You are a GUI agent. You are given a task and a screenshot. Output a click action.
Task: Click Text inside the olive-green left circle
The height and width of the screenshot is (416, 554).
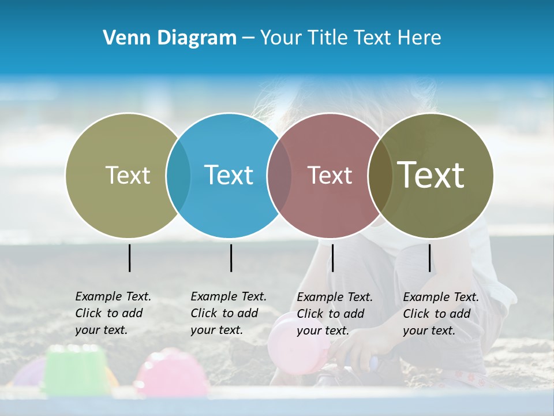pos(128,175)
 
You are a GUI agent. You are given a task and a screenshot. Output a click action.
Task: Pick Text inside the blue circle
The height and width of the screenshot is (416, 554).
pos(229,175)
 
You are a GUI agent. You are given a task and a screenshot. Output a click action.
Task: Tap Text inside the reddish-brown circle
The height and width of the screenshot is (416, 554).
pos(330,175)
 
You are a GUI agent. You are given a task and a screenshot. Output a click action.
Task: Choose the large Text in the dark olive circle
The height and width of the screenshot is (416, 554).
pos(431,175)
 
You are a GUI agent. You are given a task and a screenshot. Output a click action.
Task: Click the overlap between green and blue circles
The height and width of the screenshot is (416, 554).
pos(178,175)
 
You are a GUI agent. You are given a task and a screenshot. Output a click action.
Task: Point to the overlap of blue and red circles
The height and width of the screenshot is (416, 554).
pos(279,175)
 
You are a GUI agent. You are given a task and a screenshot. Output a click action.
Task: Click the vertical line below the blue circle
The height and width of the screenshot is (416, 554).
pos(231,258)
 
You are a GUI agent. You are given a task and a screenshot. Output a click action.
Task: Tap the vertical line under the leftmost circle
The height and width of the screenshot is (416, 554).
pos(130,258)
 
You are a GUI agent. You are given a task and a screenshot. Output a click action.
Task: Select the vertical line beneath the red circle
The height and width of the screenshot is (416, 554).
pos(332,258)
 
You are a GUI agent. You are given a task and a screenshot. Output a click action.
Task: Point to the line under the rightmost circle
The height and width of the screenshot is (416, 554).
pos(429,258)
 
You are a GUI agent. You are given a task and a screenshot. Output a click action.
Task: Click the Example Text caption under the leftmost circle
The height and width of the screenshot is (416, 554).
pos(113,313)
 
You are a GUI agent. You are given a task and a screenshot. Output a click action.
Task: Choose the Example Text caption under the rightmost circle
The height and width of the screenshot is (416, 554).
pos(440,314)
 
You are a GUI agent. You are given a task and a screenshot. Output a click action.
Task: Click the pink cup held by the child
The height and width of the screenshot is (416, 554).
pos(298,344)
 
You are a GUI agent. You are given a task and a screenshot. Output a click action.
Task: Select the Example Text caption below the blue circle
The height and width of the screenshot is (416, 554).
pos(228,313)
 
